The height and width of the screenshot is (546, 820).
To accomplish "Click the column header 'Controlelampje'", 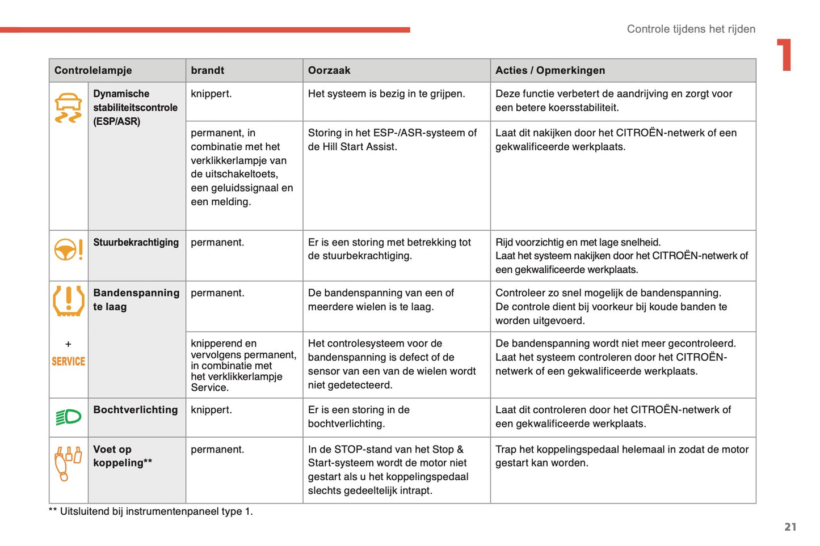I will (x=93, y=70).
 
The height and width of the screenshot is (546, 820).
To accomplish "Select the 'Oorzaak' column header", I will (x=329, y=70).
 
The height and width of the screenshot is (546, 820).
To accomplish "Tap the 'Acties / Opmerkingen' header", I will (x=550, y=70).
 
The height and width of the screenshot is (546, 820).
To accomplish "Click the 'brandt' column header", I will (x=208, y=70).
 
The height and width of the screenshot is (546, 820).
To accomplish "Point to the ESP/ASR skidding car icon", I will (x=68, y=108).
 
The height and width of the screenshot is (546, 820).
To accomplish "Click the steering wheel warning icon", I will (x=68, y=249).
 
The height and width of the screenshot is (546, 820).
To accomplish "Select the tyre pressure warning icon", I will (x=68, y=300).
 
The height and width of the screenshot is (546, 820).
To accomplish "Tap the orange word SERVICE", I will (x=68, y=361).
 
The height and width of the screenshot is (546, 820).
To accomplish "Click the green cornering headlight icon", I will (x=68, y=417).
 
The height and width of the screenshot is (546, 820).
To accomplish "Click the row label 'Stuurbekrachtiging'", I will (x=136, y=242).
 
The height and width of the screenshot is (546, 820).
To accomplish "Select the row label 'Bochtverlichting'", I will (x=135, y=409).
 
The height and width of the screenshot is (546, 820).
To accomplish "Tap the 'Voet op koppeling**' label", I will (x=122, y=456).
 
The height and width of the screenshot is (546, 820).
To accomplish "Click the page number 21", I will (x=790, y=527).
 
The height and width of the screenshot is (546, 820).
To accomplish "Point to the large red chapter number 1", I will (x=785, y=55).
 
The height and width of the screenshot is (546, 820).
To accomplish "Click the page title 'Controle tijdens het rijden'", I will (x=691, y=29).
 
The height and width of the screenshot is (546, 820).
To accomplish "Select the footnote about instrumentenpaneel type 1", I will (x=151, y=511).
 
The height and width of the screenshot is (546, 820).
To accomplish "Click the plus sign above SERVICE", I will (x=68, y=344).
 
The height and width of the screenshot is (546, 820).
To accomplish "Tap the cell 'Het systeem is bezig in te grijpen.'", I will (x=386, y=94).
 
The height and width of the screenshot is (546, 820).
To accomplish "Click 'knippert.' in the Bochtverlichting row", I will (x=211, y=409).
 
